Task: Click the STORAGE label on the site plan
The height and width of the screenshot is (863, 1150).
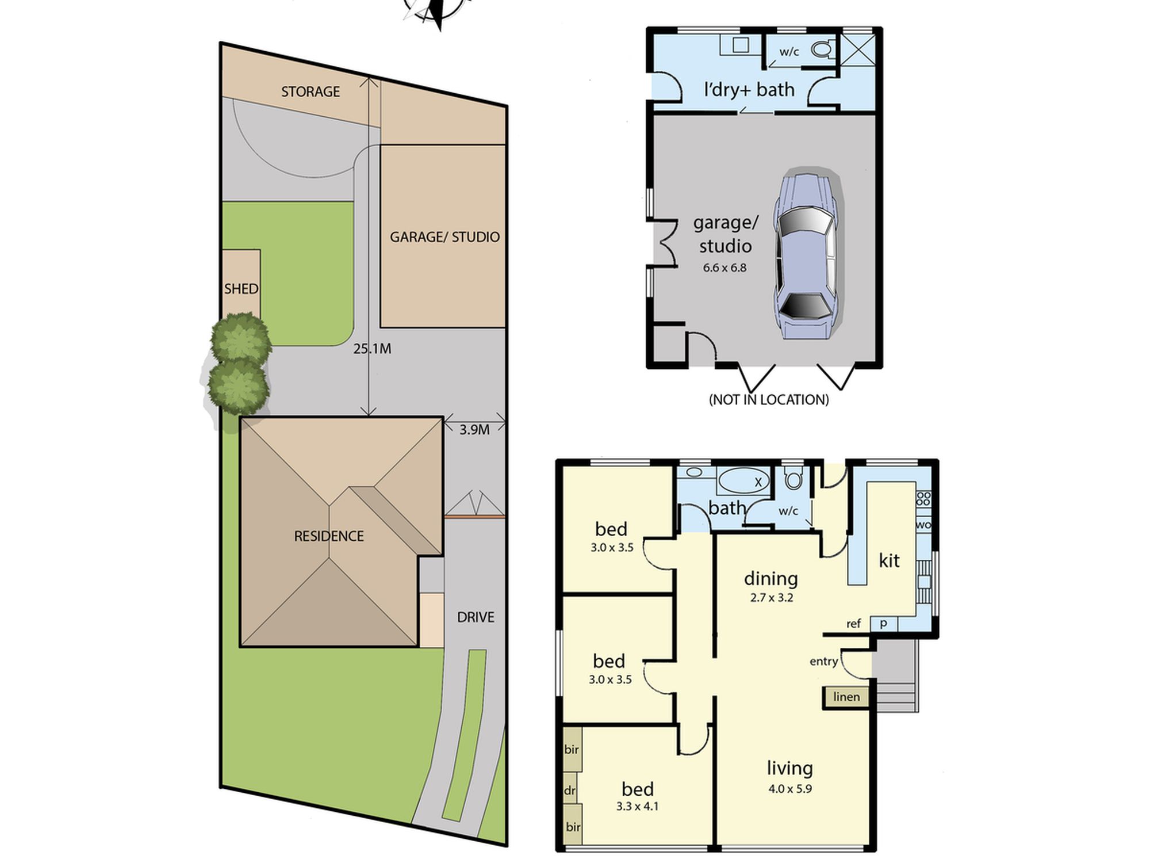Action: click(x=310, y=91)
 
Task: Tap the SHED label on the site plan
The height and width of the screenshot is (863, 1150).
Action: click(x=241, y=289)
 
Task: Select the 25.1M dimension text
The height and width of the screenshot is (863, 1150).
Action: click(x=372, y=349)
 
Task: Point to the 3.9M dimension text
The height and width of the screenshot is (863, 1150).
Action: click(x=474, y=430)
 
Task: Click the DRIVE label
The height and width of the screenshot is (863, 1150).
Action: click(x=476, y=617)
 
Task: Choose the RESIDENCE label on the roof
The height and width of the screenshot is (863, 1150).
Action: click(x=329, y=536)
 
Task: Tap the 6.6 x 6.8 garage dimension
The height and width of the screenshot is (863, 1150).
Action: click(x=724, y=268)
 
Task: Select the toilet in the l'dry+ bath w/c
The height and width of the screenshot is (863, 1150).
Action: click(x=822, y=49)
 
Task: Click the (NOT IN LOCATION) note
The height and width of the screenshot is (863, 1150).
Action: click(x=769, y=400)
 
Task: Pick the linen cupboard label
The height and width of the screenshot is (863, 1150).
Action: click(x=846, y=697)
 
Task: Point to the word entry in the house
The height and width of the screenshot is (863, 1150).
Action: click(x=823, y=662)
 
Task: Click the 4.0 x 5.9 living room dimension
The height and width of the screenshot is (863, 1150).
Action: click(x=790, y=789)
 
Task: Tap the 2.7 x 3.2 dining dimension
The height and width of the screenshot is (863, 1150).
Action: click(x=771, y=598)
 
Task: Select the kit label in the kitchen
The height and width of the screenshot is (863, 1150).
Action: click(x=889, y=560)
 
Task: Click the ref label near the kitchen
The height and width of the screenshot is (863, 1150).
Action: click(x=853, y=624)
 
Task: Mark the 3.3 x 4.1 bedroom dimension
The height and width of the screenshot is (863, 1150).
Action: click(x=637, y=807)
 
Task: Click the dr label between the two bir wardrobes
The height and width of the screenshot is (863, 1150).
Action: click(x=569, y=791)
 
